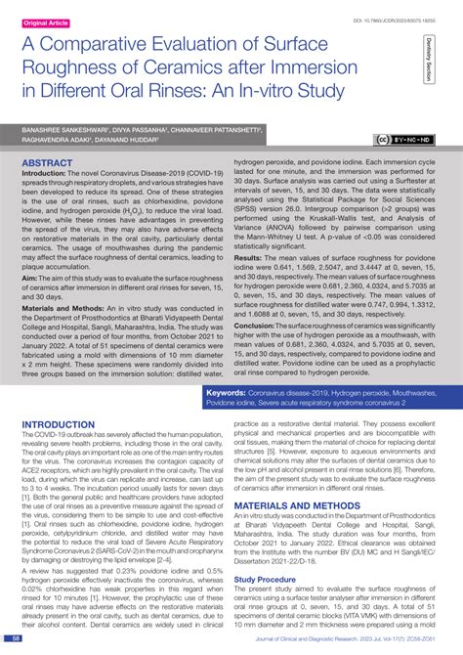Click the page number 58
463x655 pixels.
coord(17,640)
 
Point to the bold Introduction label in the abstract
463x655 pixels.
coord(49,170)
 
